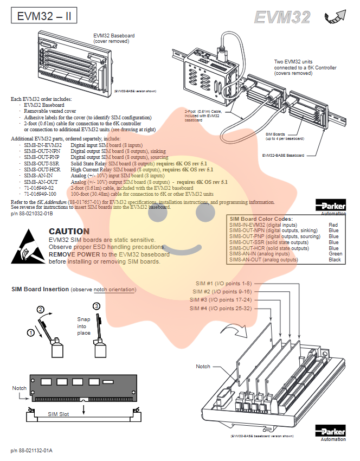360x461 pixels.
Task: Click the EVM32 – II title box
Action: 43,16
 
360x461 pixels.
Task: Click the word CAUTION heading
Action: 69,232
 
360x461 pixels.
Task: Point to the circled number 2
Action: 40,310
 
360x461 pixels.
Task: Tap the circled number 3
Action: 97,306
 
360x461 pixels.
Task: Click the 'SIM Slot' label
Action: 58,414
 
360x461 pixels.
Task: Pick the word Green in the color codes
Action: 336,254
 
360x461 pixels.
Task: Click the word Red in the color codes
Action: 333,225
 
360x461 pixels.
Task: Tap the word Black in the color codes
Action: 335,260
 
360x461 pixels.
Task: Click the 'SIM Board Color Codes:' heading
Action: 261,218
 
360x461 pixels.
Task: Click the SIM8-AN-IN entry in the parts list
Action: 38,176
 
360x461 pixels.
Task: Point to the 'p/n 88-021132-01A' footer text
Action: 31,450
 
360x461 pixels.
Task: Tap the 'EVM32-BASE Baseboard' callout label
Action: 283,155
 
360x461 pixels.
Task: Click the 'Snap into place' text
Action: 83,326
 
